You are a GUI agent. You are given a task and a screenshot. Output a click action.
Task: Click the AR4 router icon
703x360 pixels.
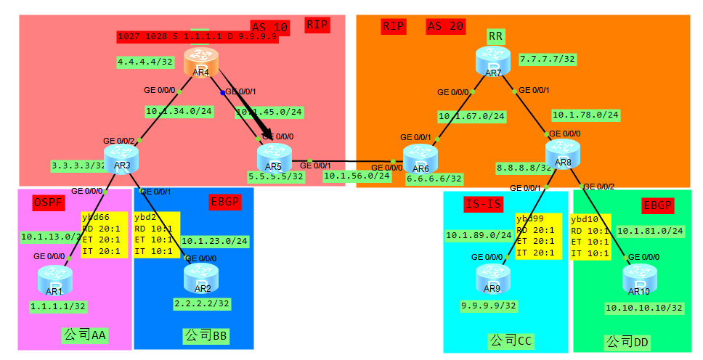200,62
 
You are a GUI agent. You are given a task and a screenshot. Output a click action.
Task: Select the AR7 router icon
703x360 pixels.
493,62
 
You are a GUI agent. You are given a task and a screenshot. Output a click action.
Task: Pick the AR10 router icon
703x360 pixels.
639,279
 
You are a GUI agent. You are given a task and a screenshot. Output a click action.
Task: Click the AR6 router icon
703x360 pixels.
420,158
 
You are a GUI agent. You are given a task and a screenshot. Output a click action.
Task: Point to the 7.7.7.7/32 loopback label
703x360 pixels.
548,58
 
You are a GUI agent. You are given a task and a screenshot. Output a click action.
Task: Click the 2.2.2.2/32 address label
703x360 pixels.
202,303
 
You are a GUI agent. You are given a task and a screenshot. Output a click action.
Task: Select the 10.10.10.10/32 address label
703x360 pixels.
644,308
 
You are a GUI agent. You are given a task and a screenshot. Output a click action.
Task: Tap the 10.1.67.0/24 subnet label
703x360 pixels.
471,116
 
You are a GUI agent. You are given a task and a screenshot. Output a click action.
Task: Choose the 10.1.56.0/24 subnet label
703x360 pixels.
357,176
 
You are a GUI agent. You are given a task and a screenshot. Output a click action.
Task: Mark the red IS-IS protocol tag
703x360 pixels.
484,205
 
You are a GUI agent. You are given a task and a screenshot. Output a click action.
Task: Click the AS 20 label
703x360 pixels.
445,27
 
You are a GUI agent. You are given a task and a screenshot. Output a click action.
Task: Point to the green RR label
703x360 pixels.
497,37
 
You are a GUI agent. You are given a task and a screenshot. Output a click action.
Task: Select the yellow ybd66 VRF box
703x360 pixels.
105,235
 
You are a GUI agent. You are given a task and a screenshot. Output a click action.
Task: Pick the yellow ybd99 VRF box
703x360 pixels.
538,236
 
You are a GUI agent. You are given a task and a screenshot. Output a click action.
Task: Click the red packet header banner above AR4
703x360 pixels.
198,36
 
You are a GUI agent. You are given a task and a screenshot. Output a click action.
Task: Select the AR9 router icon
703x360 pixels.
493,278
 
